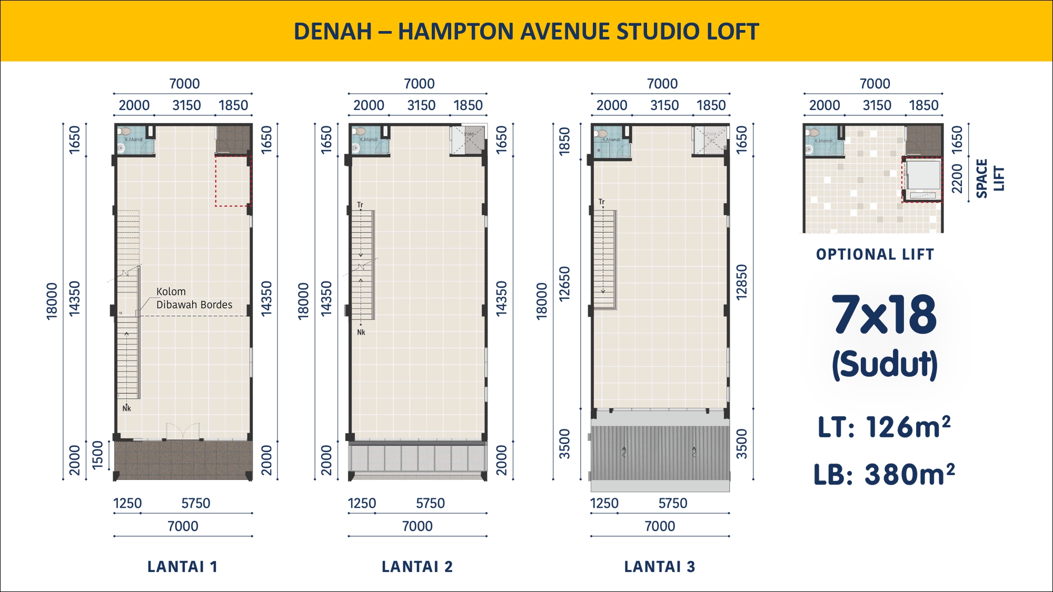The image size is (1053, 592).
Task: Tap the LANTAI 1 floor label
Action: pyautogui.click(x=182, y=567)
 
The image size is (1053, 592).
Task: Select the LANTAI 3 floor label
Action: pyautogui.click(x=660, y=567)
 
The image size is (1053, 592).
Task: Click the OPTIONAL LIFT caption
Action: pyautogui.click(x=875, y=255)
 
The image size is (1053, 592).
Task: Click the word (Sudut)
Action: pyautogui.click(x=885, y=364)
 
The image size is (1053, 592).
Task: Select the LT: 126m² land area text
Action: pyautogui.click(x=885, y=427)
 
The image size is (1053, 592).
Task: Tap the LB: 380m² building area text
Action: pyautogui.click(x=885, y=475)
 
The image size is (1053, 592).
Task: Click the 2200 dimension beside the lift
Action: pyautogui.click(x=957, y=179)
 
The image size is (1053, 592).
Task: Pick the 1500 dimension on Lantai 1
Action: pyautogui.click(x=98, y=455)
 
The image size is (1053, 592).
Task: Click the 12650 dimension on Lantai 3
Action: pyautogui.click(x=564, y=284)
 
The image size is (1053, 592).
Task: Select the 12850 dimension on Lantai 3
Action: pyautogui.click(x=741, y=283)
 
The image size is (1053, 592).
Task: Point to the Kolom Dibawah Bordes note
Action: pyautogui.click(x=194, y=298)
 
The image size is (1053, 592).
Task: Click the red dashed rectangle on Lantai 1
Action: pyautogui.click(x=233, y=181)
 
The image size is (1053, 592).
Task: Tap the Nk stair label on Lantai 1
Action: pyautogui.click(x=126, y=408)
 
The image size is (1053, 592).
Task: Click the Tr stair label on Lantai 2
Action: pyautogui.click(x=360, y=205)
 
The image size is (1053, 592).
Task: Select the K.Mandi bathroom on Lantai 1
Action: pyautogui.click(x=134, y=140)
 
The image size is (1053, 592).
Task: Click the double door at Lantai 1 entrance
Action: pyautogui.click(x=183, y=432)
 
